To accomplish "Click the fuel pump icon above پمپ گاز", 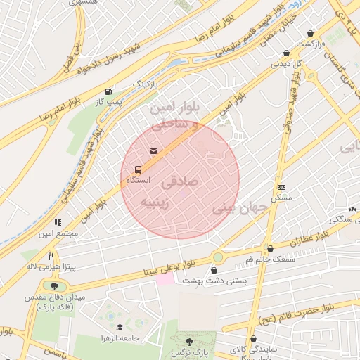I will [108, 91].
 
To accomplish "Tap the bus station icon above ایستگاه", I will [138, 169].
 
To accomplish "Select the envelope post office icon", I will [153, 150].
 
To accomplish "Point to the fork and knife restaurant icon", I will [51, 256].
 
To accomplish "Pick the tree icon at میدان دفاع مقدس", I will [54, 285].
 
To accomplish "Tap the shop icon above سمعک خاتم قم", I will [270, 248].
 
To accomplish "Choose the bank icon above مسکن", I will [282, 187].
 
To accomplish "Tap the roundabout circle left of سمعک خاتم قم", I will [218, 257].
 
